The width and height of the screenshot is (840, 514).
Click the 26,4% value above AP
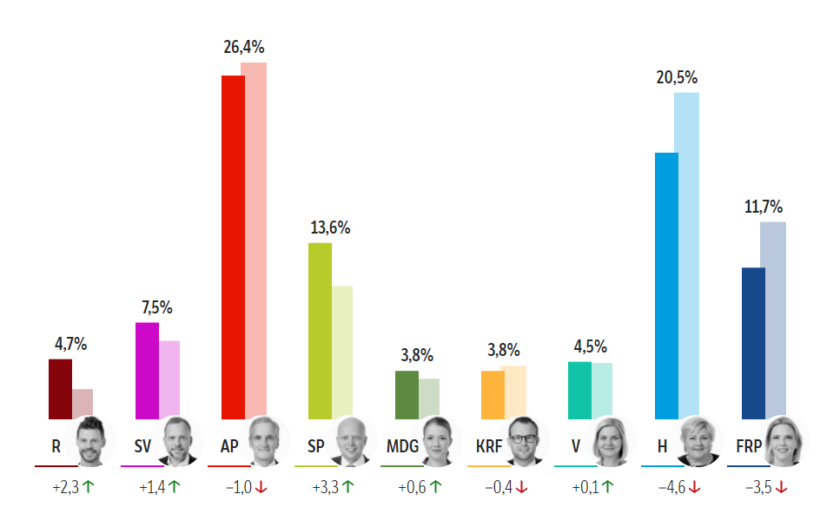point(244,48)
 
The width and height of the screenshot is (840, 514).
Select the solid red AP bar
point(233,247)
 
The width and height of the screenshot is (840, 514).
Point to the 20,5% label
point(677,77)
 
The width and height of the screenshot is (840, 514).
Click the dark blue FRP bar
point(752,343)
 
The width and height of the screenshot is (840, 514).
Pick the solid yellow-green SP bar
point(320,330)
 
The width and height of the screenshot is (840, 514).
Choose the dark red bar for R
point(60,388)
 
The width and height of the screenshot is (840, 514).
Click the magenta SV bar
point(147,371)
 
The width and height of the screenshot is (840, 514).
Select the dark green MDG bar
point(407,395)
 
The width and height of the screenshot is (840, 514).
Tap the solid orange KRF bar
point(493,395)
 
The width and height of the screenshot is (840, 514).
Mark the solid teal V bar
point(579,390)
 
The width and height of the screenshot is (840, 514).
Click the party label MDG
point(402,446)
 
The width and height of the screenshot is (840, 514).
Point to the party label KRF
point(490,446)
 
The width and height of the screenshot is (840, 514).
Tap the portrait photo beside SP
point(350,441)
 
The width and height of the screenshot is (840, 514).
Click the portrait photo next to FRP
point(784,441)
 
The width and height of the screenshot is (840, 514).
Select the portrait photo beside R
point(91,441)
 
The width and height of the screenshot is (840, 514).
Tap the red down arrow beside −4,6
point(694,488)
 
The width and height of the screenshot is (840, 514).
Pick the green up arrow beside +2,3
point(89,488)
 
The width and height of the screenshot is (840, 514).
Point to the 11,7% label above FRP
point(764,207)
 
